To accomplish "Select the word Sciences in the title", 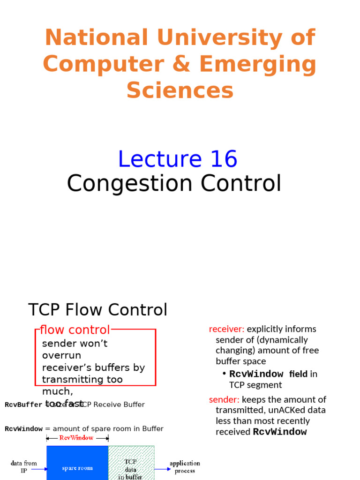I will click(x=180, y=90).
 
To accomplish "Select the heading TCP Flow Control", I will click(x=97, y=310).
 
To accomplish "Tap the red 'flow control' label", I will click(x=75, y=330).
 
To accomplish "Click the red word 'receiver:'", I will click(x=226, y=329).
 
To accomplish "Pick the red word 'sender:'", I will click(x=224, y=400).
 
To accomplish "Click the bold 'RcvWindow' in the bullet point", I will click(x=256, y=374).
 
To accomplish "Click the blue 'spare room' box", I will click(x=77, y=467).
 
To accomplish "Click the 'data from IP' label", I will click(x=23, y=467).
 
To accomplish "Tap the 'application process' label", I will click(x=185, y=467).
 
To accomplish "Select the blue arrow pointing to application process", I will click(x=162, y=468).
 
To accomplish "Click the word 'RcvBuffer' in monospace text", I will click(x=23, y=405).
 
